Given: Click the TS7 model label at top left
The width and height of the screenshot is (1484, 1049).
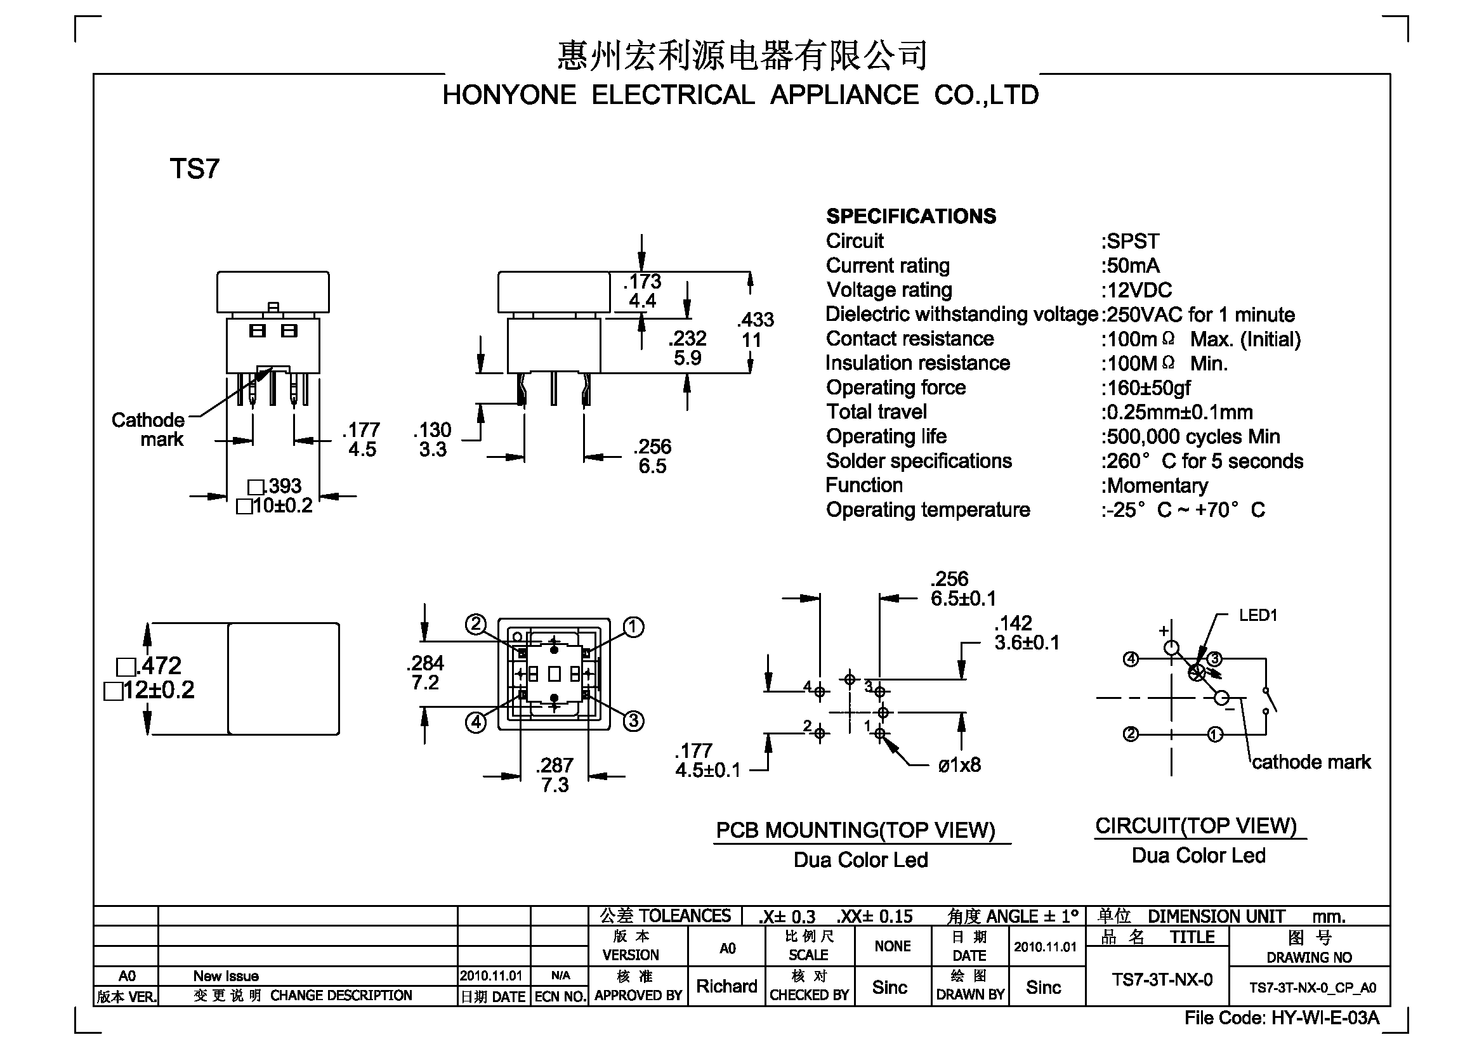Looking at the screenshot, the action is (195, 169).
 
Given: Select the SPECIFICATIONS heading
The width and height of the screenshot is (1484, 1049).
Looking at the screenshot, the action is (910, 216).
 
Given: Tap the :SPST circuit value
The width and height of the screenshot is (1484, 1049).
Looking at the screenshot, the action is (1131, 241).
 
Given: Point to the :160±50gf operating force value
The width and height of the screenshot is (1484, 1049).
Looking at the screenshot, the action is (1145, 388).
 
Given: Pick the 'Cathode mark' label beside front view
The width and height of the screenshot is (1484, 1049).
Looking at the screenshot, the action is (148, 429).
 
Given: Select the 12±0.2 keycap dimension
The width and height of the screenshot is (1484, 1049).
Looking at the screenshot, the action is (150, 690).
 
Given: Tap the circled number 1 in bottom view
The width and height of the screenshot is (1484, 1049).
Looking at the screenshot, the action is (633, 627).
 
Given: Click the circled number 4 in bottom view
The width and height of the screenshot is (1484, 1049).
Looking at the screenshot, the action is (476, 722).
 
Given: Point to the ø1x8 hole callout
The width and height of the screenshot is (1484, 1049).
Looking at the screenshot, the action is (959, 766).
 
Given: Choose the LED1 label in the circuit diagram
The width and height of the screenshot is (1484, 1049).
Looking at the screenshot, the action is (1257, 616).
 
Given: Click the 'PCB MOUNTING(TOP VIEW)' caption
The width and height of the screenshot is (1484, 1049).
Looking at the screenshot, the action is (855, 830).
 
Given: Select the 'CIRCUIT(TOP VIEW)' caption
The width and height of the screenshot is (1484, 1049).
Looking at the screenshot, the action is (1196, 826).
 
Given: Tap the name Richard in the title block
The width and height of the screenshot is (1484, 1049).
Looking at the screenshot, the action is (726, 986).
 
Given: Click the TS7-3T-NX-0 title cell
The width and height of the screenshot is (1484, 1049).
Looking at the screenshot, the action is (1162, 980).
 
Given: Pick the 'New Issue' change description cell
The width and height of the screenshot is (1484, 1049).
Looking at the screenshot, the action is (226, 976).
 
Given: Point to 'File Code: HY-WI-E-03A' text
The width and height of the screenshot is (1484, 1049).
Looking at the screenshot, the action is (1282, 1019).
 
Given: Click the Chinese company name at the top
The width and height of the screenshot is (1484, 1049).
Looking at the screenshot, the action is (743, 55).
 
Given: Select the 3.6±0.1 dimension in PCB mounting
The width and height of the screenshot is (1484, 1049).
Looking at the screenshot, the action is (1027, 642).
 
